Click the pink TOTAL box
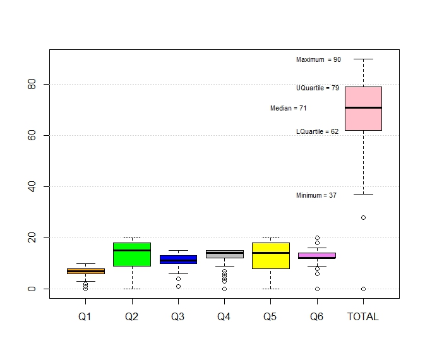(363, 120)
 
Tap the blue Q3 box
(178, 260)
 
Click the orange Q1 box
(85, 271)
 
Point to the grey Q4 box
(224, 254)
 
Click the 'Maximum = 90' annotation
(318, 59)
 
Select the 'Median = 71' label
(289, 109)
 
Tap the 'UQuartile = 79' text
(318, 88)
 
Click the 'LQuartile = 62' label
(317, 132)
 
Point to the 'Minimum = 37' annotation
(316, 196)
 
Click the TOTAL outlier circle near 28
(363, 217)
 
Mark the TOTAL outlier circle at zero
(363, 289)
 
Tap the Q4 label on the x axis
(224, 317)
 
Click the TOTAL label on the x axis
(363, 317)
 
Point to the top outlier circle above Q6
(317, 238)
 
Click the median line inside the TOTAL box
(363, 108)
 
